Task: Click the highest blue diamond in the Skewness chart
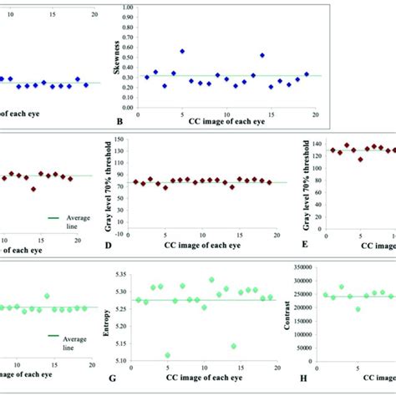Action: point(181,51)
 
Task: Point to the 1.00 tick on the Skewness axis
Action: point(127,6)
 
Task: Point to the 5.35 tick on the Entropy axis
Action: point(127,274)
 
